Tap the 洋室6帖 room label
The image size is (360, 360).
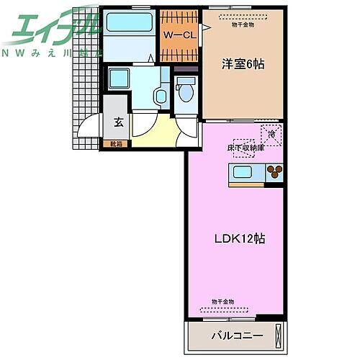[242, 64]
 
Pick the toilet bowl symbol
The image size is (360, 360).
[186, 91]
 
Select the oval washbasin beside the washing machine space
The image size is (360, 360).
[160, 94]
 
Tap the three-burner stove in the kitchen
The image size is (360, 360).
[275, 172]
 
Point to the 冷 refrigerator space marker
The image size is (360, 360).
[272, 134]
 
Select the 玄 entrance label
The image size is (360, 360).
[118, 122]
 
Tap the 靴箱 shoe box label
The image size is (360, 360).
[116, 144]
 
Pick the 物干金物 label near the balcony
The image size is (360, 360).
[222, 301]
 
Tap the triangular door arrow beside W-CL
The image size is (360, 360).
[205, 28]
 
